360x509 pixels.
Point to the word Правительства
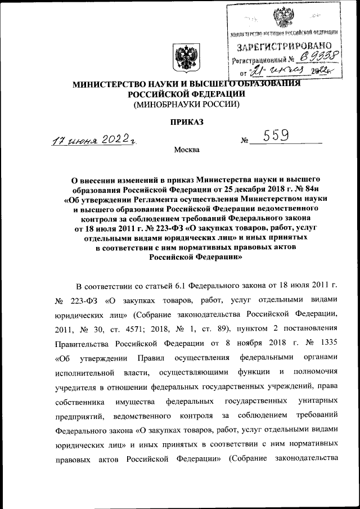[82, 343]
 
